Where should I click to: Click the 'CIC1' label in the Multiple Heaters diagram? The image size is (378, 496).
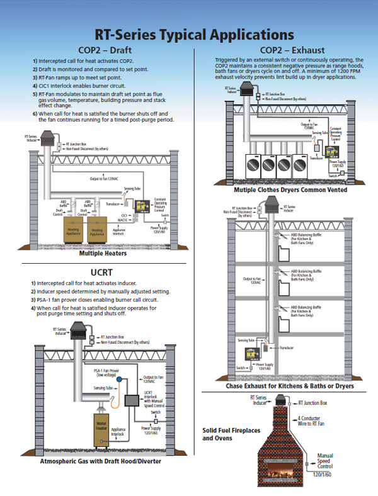(125, 215)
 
